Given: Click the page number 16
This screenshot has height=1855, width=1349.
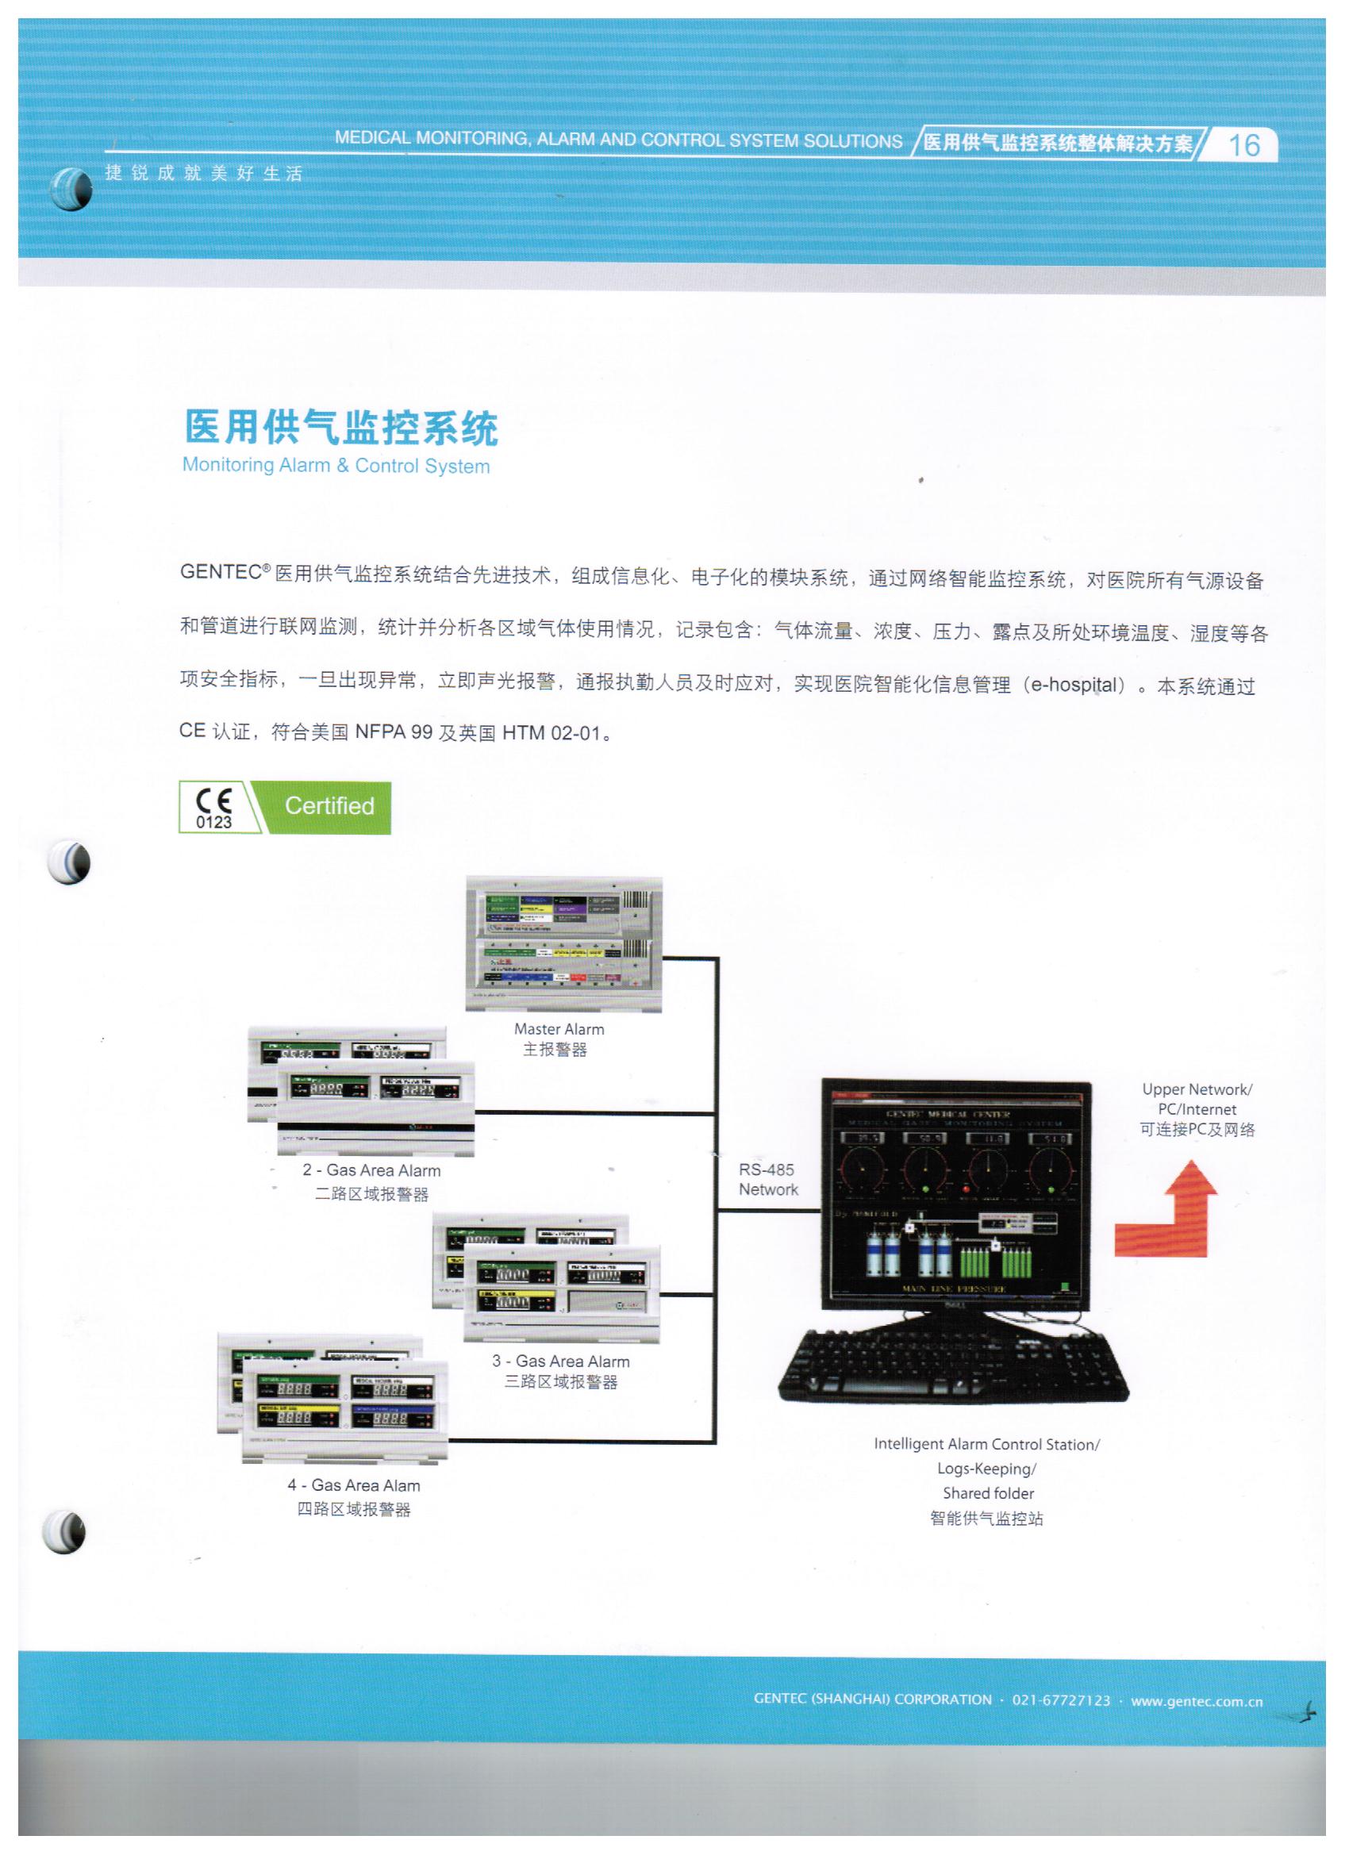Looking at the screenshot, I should coord(1243,144).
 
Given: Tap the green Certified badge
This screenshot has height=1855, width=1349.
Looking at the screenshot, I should coord(329,806).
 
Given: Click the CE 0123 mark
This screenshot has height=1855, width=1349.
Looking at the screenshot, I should coord(213,808).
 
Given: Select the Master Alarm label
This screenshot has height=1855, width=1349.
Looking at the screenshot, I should coord(559,1029).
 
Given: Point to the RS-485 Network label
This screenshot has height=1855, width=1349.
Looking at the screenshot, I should coord(767,1180).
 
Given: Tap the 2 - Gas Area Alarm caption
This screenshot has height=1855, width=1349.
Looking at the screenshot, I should coord(371,1170).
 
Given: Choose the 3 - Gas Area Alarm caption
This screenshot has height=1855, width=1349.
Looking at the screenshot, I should coord(560,1361).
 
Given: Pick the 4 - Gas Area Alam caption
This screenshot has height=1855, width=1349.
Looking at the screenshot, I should coord(353,1485).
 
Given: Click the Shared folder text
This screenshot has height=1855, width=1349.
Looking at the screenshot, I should coord(988,1492).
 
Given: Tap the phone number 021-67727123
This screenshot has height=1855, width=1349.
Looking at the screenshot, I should coord(1061,1699).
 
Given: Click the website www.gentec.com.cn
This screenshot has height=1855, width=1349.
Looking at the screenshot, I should coord(1197,1700).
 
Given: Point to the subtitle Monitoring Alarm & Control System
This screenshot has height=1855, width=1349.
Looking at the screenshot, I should coord(336,466).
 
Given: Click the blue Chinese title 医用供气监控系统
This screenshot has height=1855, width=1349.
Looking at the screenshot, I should coord(341,428).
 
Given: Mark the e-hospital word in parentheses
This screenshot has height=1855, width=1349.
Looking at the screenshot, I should coord(1074,685).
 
